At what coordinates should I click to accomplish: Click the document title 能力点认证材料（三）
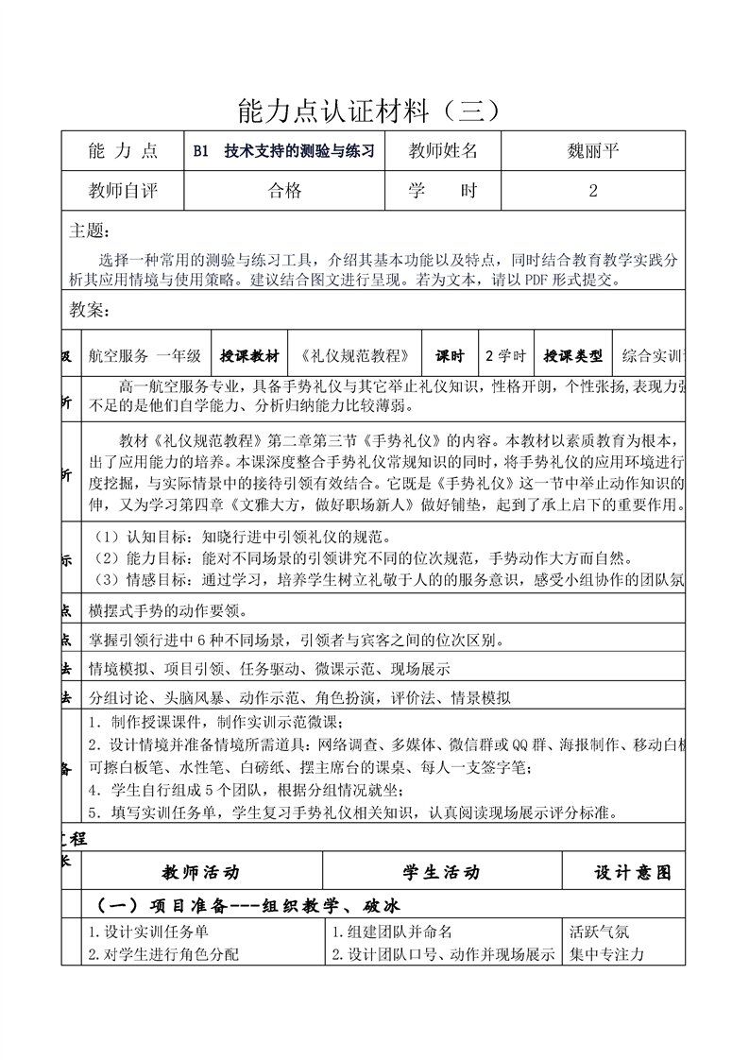coord(375,112)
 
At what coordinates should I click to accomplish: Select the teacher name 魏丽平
coord(592,150)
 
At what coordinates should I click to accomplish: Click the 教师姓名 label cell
coord(443,150)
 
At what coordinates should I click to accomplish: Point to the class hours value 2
coord(592,191)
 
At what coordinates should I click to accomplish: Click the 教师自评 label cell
coord(123,191)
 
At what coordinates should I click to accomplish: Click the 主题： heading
coord(90,231)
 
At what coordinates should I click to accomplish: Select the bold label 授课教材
coord(249,356)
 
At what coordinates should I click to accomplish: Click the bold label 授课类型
coord(572,356)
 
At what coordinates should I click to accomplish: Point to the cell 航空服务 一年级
coord(145,356)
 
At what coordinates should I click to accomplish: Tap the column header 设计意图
coord(632,872)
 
